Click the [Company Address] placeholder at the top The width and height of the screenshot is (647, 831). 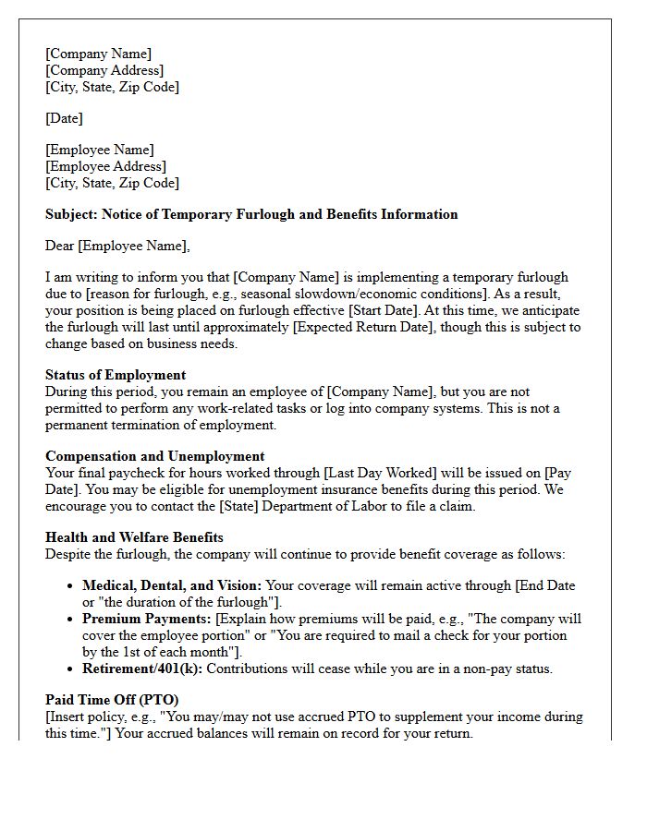104,70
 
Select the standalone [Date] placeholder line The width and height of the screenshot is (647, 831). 64,118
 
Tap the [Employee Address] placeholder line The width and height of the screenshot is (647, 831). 105,166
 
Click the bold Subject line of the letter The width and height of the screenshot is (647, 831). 251,214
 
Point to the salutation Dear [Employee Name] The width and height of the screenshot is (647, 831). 117,246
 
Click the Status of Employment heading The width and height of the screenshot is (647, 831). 116,375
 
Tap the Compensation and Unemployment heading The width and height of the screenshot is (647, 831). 154,456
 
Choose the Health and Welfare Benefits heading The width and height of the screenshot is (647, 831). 134,537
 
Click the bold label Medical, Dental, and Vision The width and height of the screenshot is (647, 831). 172,585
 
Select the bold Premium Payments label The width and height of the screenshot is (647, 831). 147,619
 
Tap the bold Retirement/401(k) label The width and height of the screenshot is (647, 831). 142,668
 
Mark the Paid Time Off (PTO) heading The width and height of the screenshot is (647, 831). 112,700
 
